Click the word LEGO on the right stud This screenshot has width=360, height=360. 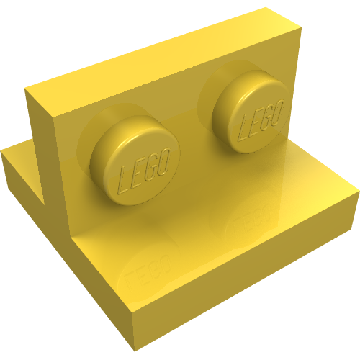point(258,118)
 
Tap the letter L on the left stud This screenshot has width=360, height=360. point(124,177)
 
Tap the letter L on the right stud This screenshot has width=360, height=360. point(243,128)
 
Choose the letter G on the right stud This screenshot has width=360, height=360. point(264,114)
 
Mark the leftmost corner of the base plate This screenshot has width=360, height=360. point(4,153)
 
